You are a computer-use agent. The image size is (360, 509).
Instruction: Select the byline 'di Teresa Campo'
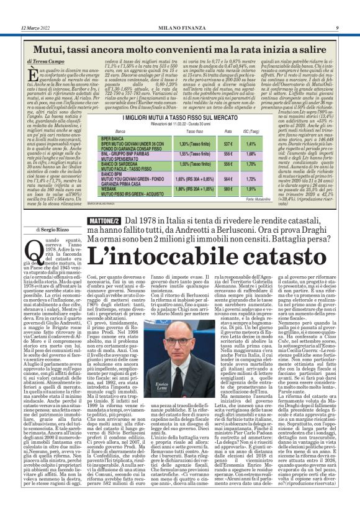coord(47,62)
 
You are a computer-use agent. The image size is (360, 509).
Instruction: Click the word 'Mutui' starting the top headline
coord(50,47)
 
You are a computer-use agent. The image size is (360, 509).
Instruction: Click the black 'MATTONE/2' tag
coord(102,220)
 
